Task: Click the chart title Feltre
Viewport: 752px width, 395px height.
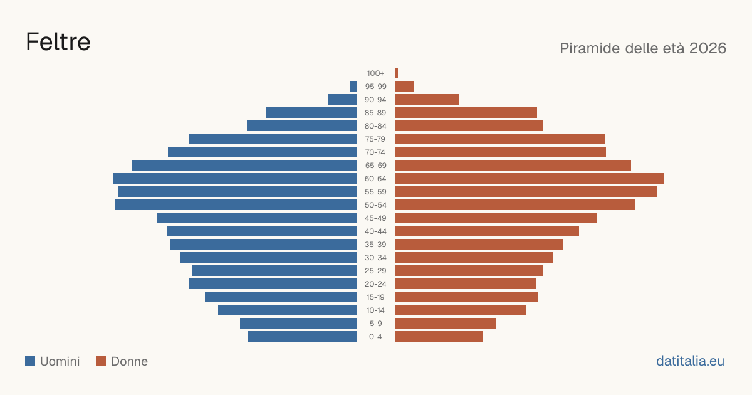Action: [58, 42]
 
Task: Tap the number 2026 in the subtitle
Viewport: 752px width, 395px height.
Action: [708, 48]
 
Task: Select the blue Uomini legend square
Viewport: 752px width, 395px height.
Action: [30, 361]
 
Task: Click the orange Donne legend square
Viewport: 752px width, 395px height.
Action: [101, 361]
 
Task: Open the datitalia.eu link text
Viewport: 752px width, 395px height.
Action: [690, 361]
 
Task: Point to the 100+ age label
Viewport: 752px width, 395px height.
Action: [375, 73]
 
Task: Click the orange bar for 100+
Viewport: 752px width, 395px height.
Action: [397, 73]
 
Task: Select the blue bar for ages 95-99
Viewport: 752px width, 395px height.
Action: [353, 87]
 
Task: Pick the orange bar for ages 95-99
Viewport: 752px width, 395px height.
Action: [405, 87]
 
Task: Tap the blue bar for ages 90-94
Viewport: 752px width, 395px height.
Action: [343, 100]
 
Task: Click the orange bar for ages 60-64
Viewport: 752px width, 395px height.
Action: [530, 178]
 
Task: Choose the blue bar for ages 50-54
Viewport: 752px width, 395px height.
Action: [236, 205]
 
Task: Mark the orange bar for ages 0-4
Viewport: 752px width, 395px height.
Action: [439, 337]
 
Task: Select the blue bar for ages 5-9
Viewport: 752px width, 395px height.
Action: [298, 324]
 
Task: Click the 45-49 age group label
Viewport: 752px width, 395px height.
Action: [375, 218]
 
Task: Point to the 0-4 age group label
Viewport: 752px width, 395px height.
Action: [375, 337]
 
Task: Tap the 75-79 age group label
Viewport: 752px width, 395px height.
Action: [375, 139]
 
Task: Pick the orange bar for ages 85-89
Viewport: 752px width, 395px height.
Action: [466, 112]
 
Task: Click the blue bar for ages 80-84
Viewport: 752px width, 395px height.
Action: [302, 125]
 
